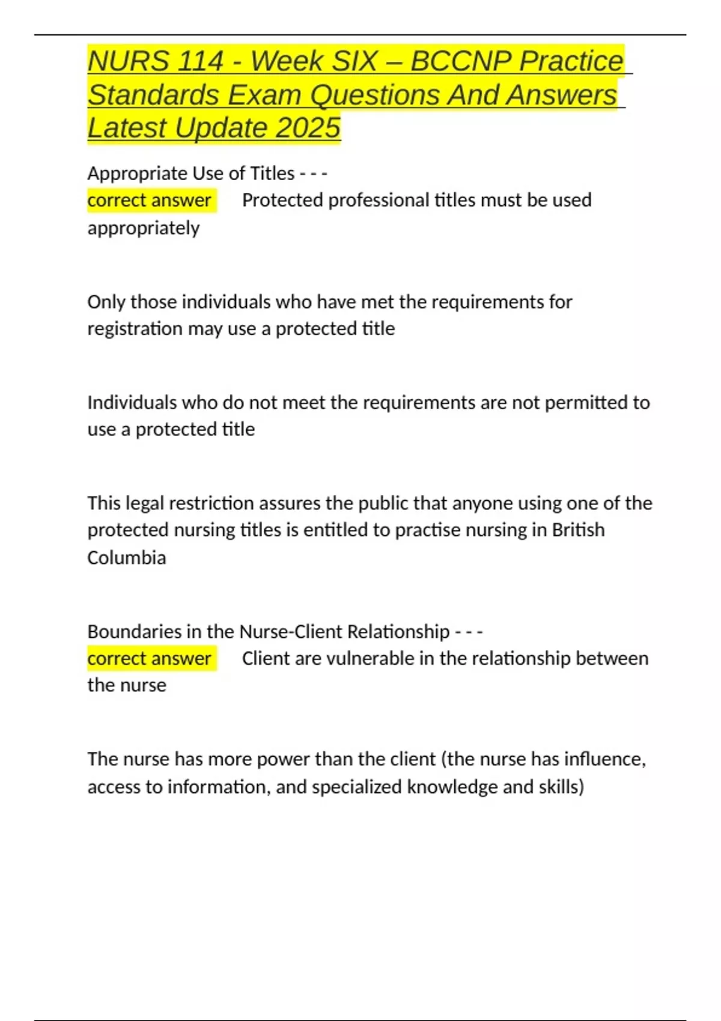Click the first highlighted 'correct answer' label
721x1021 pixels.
(x=149, y=200)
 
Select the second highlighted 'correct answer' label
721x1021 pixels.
(x=149, y=658)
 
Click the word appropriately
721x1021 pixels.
(x=144, y=228)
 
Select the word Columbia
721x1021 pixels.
(x=127, y=558)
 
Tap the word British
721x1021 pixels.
(x=578, y=530)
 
